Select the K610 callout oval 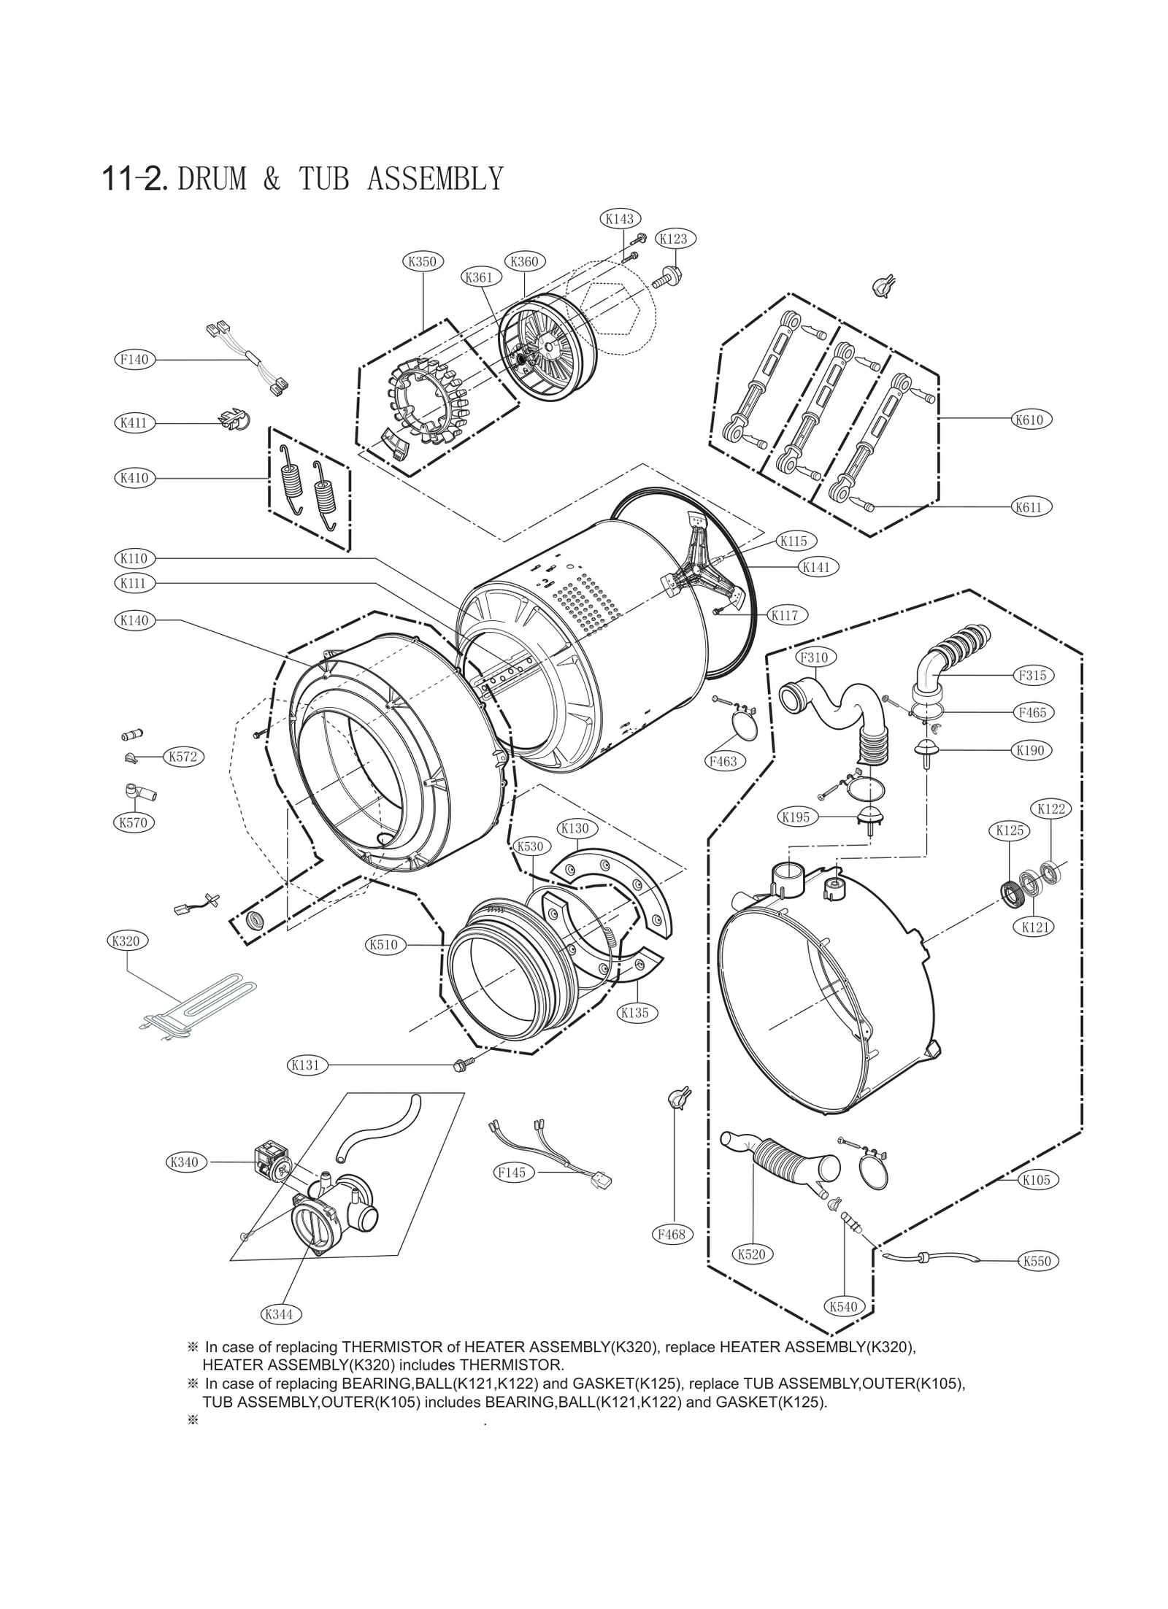pos(1029,420)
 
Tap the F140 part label pos(134,359)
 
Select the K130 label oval pos(574,828)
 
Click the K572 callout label pos(183,757)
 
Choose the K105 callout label pos(1036,1180)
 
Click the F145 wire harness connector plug pos(602,1179)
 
